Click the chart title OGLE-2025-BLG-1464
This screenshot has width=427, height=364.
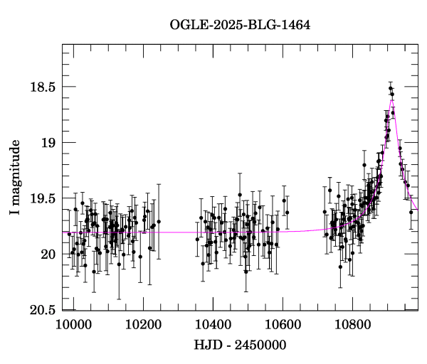click(x=239, y=26)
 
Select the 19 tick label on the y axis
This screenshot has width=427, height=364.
click(x=49, y=143)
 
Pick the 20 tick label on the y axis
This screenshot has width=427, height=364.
click(x=49, y=255)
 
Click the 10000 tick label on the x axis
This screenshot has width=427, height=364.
click(x=74, y=324)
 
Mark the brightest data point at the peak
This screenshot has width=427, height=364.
click(x=390, y=88)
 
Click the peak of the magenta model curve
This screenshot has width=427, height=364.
click(x=391, y=100)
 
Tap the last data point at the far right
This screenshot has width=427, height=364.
click(x=411, y=211)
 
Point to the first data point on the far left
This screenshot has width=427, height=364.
click(x=69, y=233)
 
